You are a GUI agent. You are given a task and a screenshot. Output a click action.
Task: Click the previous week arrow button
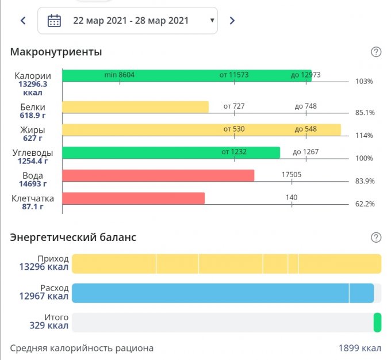(x=23, y=21)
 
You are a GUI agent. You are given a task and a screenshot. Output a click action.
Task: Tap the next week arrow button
(x=232, y=21)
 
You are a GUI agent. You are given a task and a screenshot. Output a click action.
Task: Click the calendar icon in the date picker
(x=54, y=21)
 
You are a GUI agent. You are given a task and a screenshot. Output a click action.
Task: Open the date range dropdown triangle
(x=212, y=21)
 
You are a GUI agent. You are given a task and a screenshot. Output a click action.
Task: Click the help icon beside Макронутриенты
(x=376, y=52)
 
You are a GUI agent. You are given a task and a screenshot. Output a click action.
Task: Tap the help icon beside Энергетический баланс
(x=376, y=238)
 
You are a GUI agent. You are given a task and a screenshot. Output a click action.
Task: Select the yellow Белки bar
(x=135, y=107)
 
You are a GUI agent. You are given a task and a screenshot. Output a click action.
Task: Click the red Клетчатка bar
(x=133, y=198)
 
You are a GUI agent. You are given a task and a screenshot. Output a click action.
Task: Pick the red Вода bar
(x=158, y=175)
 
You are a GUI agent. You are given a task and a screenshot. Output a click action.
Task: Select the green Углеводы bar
(x=171, y=152)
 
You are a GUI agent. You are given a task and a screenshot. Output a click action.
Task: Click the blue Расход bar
(x=223, y=293)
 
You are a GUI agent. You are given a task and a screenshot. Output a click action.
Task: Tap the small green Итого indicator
(x=377, y=322)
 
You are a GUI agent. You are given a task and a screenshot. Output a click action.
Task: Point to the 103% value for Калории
(x=364, y=82)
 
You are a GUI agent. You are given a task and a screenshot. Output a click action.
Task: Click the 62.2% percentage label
(x=365, y=204)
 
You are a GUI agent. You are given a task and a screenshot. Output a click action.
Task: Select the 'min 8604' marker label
(x=120, y=75)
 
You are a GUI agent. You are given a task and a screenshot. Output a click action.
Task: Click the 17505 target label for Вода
(x=292, y=175)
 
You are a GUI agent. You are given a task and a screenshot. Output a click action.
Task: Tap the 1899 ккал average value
(x=359, y=348)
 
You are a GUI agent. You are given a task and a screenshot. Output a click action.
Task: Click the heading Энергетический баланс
(x=73, y=237)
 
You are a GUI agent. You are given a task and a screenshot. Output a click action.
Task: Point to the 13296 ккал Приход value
(x=44, y=267)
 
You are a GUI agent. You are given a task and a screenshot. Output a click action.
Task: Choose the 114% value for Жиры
(x=364, y=136)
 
